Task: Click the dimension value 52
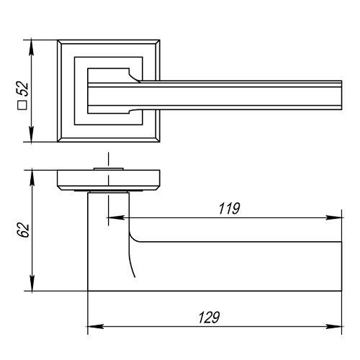[22, 89]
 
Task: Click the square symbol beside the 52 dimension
[22, 105]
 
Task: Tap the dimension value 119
[229, 208]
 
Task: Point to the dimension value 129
[209, 318]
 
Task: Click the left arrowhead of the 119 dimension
[115, 217]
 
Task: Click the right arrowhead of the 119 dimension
[333, 217]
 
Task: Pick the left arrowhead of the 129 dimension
[96, 326]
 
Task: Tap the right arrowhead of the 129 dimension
[333, 326]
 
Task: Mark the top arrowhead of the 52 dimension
[32, 48]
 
